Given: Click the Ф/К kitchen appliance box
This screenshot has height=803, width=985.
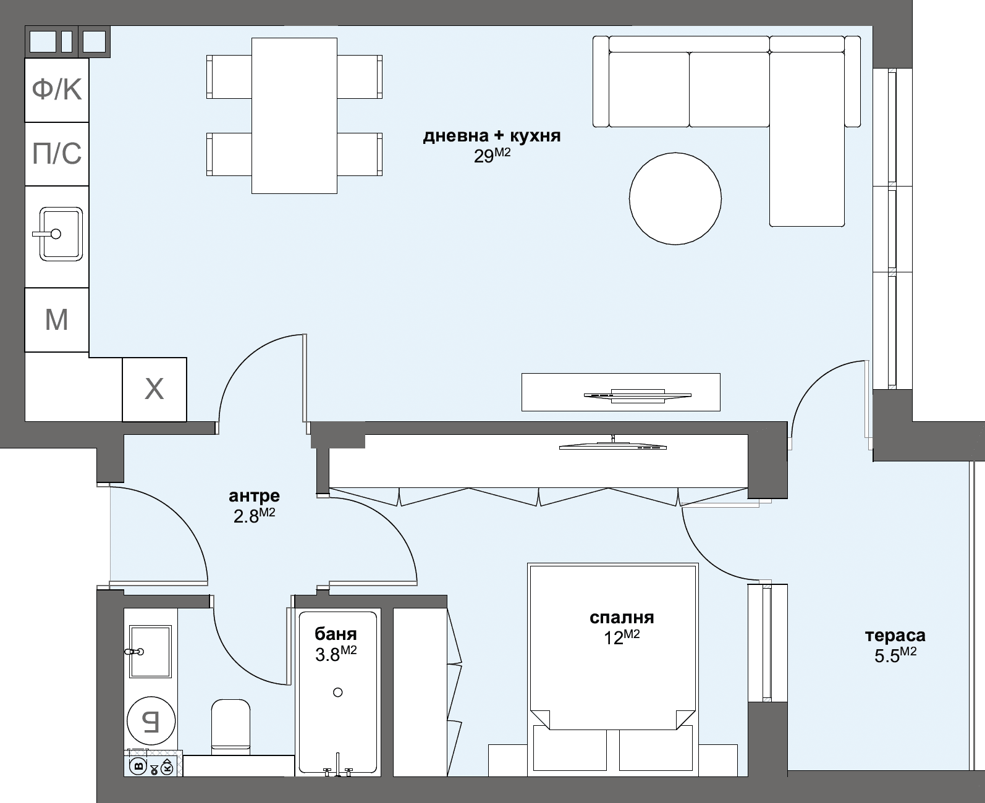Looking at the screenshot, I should tap(56, 90).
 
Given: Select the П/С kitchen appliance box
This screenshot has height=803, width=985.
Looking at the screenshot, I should tap(56, 154).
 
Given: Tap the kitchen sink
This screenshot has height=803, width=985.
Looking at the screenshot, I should tap(61, 233).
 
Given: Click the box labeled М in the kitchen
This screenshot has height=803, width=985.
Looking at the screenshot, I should tap(56, 320).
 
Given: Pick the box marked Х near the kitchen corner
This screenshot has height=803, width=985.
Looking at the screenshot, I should tap(154, 390).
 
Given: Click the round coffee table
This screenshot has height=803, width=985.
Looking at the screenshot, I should tap(675, 198).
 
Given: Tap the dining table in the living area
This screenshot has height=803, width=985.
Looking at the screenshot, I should tap(294, 116).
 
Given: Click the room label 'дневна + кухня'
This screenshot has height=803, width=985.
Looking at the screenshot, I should tap(491, 136).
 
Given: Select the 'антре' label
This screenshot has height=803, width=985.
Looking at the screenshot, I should tap(254, 496).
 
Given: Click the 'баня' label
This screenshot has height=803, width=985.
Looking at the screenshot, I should tap(336, 634).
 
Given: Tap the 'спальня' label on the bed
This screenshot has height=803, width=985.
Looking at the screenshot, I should tap(622, 618).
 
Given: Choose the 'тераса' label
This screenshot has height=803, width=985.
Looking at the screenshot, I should tap(895, 636).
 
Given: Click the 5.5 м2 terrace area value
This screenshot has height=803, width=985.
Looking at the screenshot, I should tap(895, 655).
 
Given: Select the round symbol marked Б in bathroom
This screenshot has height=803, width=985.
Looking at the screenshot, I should tap(151, 721).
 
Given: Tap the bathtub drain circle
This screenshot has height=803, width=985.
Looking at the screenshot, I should tap(337, 692).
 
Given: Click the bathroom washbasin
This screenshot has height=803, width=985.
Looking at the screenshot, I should tap(150, 652).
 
